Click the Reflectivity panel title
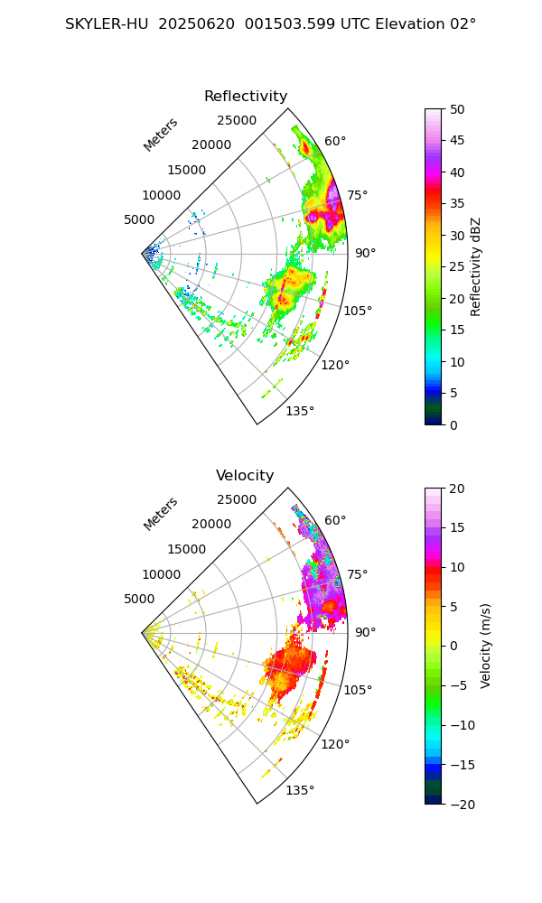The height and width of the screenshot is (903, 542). coord(246,97)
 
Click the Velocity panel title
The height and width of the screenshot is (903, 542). coord(245,476)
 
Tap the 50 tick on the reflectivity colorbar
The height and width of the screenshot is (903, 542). coord(458,109)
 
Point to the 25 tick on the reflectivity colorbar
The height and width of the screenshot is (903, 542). coord(458,267)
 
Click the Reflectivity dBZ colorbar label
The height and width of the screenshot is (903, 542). coord(476,266)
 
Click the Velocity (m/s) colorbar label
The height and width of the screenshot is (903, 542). coord(486,646)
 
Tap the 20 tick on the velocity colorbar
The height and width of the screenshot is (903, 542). coord(458,489)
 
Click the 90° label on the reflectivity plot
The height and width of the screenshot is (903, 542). coord(365,253)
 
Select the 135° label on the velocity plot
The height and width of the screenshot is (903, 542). coord(300,790)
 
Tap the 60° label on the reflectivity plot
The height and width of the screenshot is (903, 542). coord(335,141)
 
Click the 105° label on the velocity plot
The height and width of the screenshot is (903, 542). coord(358,690)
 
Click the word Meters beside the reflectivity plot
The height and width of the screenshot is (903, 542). coord(161,135)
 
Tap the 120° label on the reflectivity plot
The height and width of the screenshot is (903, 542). coord(335,365)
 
